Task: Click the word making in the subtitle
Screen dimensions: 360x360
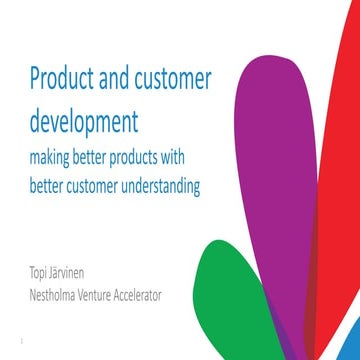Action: pyautogui.click(x=55, y=159)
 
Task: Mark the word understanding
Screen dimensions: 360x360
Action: pyautogui.click(x=195, y=185)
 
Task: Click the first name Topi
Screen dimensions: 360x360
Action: pyautogui.click(x=42, y=273)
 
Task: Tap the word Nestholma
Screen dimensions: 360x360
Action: pyautogui.click(x=59, y=294)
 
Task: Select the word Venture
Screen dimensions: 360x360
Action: pyautogui.click(x=115, y=294)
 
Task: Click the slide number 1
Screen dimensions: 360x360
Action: pyautogui.click(x=20, y=350)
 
